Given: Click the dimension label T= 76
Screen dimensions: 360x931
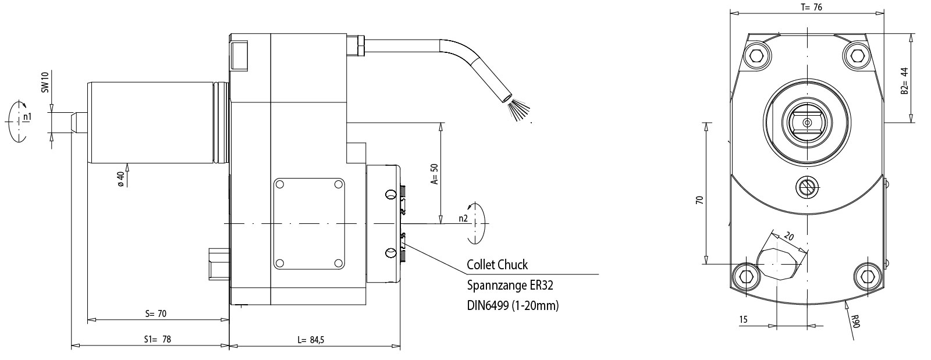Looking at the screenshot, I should click(x=806, y=7).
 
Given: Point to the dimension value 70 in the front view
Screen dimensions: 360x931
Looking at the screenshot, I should click(x=699, y=199).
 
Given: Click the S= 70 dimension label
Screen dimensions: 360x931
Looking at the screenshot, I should click(x=156, y=313).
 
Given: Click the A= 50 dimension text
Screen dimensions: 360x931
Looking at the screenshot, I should click(x=433, y=173).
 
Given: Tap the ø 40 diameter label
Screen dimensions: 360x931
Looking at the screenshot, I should click(x=120, y=178).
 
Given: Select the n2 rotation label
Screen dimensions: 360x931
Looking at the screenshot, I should click(x=463, y=218).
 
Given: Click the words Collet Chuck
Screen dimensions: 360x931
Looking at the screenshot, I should click(x=497, y=265).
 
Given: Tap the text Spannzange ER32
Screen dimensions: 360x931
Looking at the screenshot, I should click(x=510, y=285).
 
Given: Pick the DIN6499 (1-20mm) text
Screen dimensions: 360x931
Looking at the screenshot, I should click(x=513, y=305).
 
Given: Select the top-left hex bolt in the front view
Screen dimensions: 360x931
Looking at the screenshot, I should click(x=757, y=55).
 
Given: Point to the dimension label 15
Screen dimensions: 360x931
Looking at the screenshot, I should click(x=743, y=320).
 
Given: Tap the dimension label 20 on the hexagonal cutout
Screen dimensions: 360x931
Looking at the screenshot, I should click(x=789, y=237).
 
